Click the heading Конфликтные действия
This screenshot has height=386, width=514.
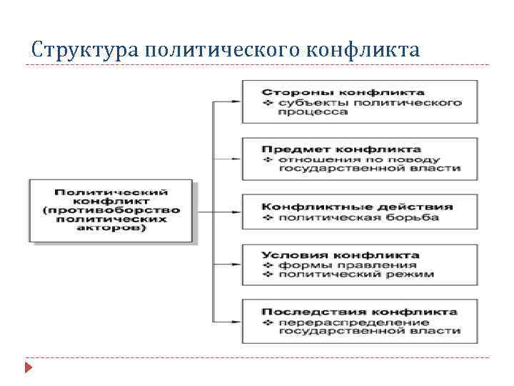[x=357, y=207]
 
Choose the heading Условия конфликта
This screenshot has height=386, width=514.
[x=341, y=254]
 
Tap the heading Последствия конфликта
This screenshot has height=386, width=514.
[x=359, y=312]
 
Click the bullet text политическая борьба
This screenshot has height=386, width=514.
[x=358, y=217]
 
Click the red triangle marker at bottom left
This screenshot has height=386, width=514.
[x=28, y=369]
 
